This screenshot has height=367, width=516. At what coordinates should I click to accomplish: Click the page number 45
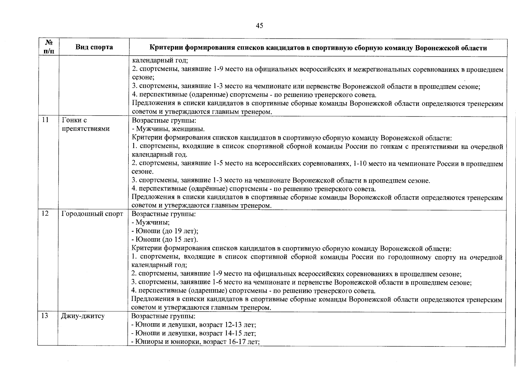coord(259,26)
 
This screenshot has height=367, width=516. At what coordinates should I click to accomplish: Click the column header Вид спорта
coord(94,47)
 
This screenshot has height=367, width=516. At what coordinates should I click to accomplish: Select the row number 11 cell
coord(45,120)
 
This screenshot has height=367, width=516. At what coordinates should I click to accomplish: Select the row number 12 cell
coord(45,213)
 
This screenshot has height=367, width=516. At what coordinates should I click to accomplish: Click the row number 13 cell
coord(45,316)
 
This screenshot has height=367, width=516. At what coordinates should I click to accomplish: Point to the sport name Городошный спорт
coord(92,213)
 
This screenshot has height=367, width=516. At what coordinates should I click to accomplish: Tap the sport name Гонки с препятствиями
coord(86,124)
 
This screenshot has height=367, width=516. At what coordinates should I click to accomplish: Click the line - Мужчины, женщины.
coord(168,129)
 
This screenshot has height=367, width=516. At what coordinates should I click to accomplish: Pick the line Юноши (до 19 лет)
coord(165,231)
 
